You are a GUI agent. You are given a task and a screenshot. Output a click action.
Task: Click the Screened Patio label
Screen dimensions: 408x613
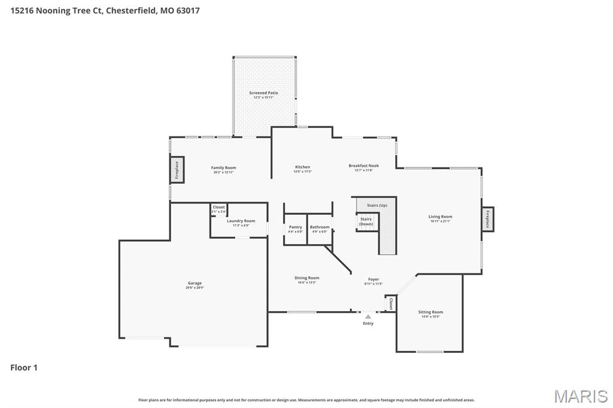263,93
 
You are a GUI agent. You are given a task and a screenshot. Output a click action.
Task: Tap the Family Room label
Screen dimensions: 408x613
223,168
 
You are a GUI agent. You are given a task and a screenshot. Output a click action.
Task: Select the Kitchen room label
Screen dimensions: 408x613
302,168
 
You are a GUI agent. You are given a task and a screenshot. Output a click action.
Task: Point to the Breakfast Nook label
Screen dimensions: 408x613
363,166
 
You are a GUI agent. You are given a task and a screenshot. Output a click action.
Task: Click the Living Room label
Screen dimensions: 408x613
440,217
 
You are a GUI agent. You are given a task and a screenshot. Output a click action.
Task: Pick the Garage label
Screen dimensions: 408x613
195,284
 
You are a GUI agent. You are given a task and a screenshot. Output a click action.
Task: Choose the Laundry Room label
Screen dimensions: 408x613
241,221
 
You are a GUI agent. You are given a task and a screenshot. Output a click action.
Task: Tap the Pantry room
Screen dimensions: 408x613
296,228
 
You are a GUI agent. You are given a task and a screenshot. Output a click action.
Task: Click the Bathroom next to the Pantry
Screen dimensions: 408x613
320,228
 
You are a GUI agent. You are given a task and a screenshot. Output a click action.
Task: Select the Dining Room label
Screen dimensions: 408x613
306,278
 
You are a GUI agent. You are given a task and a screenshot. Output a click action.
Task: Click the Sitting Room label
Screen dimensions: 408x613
430,313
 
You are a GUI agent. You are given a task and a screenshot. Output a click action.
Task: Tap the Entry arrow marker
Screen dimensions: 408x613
368,317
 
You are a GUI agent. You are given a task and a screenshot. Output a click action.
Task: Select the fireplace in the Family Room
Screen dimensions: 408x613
177,170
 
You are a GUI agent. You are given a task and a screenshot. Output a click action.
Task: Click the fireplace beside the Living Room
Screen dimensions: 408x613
487,219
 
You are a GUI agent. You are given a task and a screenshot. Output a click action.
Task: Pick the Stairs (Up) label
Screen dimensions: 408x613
377,205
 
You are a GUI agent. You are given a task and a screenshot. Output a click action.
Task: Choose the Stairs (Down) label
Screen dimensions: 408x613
366,221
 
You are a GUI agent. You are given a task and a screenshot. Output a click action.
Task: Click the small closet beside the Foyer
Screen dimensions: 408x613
391,303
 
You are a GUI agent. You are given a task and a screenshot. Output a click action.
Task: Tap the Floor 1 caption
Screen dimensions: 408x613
24,367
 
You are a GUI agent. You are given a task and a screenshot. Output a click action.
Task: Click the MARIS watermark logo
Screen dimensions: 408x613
580,395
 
